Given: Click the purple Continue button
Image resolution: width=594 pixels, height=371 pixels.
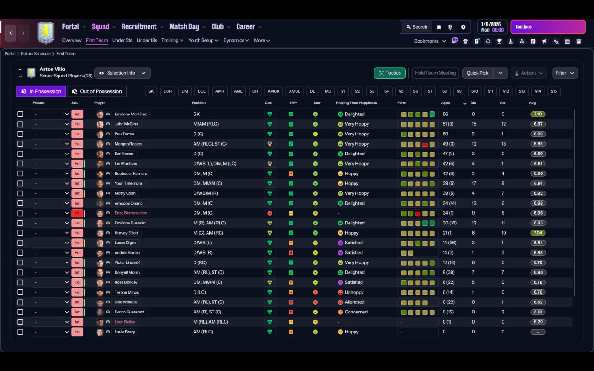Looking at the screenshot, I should pos(548,27).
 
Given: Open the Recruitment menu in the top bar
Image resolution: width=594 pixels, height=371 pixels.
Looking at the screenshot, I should pos(139,27).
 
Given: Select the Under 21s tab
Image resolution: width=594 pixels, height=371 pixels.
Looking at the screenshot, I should pos(122,40).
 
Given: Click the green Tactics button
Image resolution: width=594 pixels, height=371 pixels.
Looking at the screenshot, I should pos(389,73).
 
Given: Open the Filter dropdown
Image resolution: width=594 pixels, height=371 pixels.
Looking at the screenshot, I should pos(564,73).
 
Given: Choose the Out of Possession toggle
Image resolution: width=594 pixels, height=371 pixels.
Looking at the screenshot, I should pos(97,91).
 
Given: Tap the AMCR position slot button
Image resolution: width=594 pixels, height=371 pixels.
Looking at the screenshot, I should pos(273,91).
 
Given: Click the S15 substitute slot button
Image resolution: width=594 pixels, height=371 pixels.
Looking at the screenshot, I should pos(554,91).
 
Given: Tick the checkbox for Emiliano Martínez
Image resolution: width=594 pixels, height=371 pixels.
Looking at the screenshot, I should pos(20,114).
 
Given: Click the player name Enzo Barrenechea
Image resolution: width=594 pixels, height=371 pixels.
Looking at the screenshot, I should pos(130,213).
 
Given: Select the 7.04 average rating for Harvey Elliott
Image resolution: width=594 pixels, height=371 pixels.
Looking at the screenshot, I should pos(538,233).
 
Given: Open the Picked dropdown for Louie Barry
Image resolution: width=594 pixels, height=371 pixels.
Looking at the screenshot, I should pos(51,332).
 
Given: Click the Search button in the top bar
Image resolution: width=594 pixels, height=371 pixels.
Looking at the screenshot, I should pos(416,27).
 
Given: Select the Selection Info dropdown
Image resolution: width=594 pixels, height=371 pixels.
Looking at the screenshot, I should pos(123,73).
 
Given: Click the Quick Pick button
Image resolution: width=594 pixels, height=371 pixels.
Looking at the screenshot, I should pos(477,73).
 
